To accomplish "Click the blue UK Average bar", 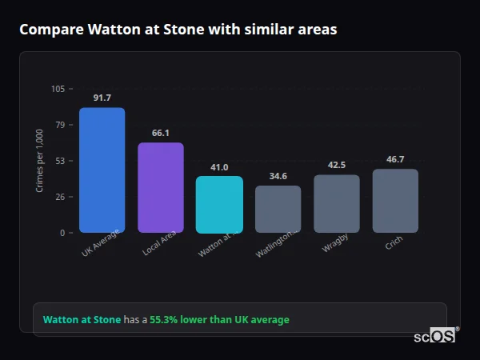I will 102,170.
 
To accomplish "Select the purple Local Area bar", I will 161,188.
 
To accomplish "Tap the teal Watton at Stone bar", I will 219,205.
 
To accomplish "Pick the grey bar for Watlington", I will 278,210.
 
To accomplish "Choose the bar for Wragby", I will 337,204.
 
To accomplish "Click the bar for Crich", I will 395,201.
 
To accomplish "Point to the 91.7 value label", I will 102,98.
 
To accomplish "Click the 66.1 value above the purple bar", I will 161,133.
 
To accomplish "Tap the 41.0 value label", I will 219,167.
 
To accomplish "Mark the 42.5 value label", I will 337,165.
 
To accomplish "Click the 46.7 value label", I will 395,159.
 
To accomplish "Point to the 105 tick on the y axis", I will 58,89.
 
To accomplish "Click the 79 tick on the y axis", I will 60,125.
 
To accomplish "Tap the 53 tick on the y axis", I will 60,161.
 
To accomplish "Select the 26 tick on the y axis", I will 60,197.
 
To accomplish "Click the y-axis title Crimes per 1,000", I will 39,160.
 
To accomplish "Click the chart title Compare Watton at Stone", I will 178,30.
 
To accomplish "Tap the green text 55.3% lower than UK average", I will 219,320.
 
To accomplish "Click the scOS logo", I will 435,336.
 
